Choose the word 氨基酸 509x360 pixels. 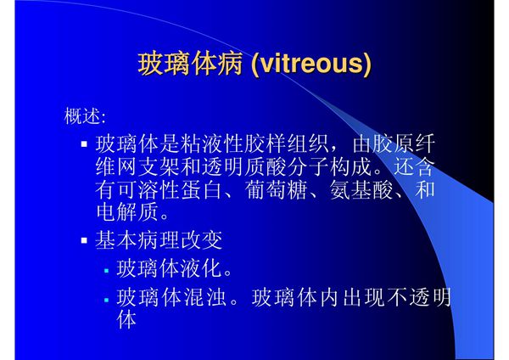(358, 188)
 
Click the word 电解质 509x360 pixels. (127, 211)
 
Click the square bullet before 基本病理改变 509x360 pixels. (84, 241)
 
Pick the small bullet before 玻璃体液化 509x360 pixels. (106, 272)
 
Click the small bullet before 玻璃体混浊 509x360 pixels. (106, 301)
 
